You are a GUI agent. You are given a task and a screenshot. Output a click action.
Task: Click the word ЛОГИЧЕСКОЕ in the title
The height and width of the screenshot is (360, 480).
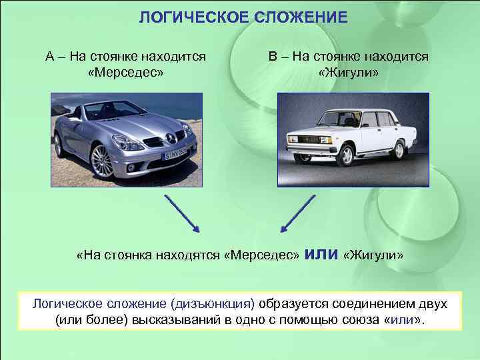pyautogui.click(x=194, y=17)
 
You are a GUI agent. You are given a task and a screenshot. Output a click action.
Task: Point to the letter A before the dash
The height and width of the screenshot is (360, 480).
pyautogui.click(x=50, y=57)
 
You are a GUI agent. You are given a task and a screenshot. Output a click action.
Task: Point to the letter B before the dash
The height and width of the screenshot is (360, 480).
pyautogui.click(x=273, y=57)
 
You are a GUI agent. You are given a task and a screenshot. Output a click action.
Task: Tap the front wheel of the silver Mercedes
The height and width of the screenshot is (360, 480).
pyautogui.click(x=101, y=160)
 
